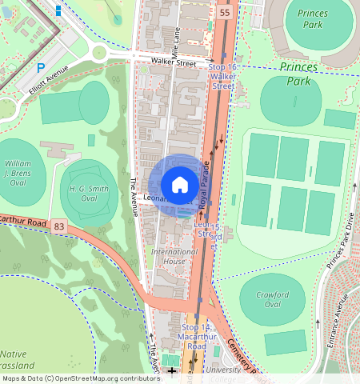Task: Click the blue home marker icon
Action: pyautogui.click(x=180, y=185)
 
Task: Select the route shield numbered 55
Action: pyautogui.click(x=224, y=14)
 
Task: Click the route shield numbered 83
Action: pyautogui.click(x=59, y=228)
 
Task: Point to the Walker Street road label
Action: pyautogui.click(x=174, y=61)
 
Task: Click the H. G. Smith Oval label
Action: pyautogui.click(x=89, y=192)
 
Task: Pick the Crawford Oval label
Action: pyautogui.click(x=272, y=299)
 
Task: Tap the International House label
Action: pyautogui.click(x=174, y=256)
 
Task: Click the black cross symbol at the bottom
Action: pyautogui.click(x=171, y=370)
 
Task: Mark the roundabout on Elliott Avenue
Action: pyautogui.click(x=99, y=53)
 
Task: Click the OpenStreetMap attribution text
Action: pyautogui.click(x=80, y=378)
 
